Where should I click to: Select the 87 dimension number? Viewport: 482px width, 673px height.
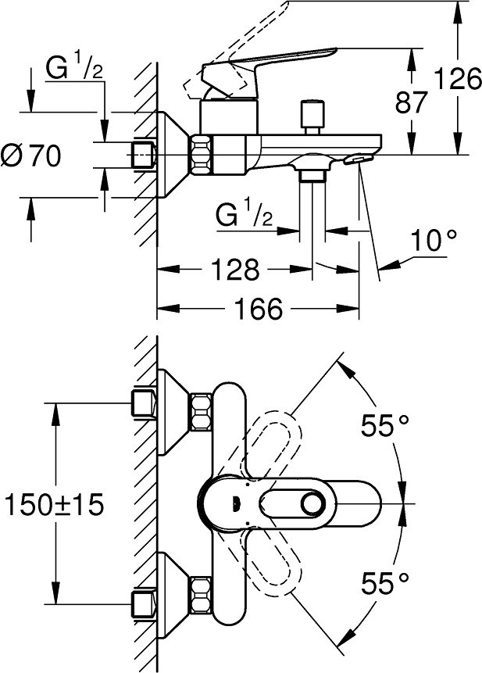[412, 102]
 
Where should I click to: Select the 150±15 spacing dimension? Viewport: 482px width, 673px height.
[52, 504]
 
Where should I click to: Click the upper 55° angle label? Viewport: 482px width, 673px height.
[385, 425]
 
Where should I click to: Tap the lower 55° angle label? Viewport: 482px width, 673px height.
[385, 582]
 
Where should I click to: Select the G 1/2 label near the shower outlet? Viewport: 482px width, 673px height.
[245, 214]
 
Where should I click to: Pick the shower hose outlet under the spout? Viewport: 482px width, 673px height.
[313, 174]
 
